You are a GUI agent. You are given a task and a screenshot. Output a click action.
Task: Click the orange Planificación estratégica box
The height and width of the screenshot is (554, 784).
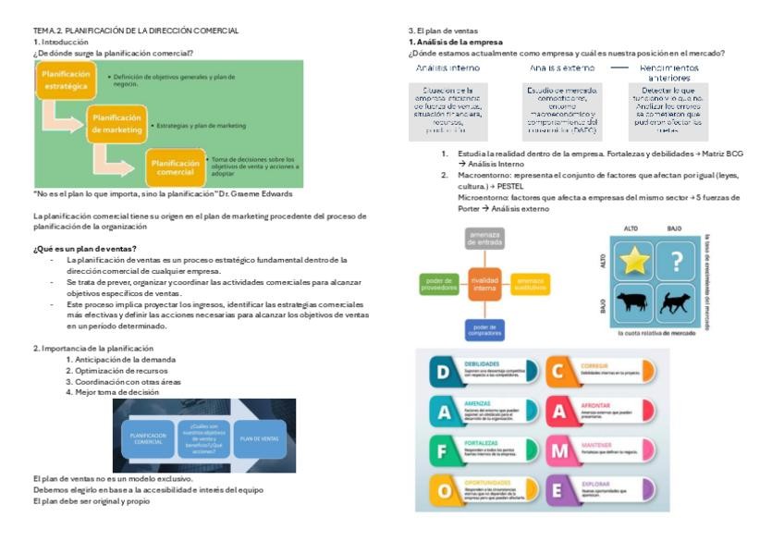pos(66,80)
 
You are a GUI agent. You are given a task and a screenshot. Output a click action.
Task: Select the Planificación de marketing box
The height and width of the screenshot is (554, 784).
pos(117,124)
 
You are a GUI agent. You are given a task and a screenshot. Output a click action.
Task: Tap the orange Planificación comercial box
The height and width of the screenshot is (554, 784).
pos(175,167)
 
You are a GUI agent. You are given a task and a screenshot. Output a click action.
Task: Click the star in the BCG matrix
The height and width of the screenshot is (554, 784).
pos(635,262)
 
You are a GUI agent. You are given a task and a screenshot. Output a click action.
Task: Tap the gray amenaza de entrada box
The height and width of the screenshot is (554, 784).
pos(484,240)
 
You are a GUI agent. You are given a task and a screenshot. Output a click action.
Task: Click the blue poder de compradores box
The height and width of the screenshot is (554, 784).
pos(484,328)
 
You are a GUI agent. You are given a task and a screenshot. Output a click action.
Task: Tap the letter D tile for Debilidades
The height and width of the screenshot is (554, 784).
pos(444,371)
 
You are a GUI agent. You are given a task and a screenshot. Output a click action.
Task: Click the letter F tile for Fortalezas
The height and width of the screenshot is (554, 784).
pos(444,450)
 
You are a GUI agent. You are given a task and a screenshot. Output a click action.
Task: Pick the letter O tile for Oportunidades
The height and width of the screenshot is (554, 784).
pos(444,490)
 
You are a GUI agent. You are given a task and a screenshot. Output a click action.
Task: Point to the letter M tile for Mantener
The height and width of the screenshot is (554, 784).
pos(561,450)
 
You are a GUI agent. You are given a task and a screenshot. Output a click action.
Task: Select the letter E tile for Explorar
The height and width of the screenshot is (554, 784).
pos(561,490)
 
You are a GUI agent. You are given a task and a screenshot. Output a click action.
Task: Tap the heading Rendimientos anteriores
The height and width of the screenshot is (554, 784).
pos(669,73)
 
